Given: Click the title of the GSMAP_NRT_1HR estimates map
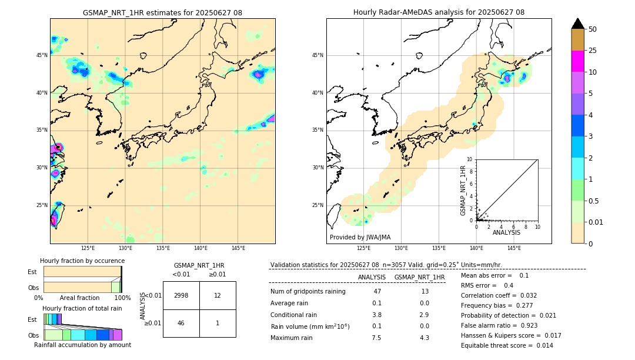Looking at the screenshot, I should [162, 12].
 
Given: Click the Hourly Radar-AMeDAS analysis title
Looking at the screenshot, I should [439, 12].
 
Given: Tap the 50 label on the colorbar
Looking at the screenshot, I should [593, 29].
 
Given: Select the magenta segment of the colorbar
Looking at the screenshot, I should [577, 61].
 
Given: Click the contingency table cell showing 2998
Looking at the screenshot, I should [181, 295].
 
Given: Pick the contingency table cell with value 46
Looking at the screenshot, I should [181, 323].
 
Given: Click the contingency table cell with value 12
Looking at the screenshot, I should [218, 295].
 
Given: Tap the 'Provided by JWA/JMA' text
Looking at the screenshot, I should [360, 238].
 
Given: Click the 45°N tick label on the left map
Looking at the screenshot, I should [41, 55].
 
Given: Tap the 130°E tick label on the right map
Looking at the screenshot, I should [401, 249].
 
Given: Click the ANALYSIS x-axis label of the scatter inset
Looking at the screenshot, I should [506, 232].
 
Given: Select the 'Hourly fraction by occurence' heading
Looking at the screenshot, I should [82, 261].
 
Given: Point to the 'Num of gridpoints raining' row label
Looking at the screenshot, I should [308, 292].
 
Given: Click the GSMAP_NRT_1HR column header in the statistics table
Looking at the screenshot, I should [419, 277].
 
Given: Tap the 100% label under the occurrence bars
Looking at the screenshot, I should [122, 298].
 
